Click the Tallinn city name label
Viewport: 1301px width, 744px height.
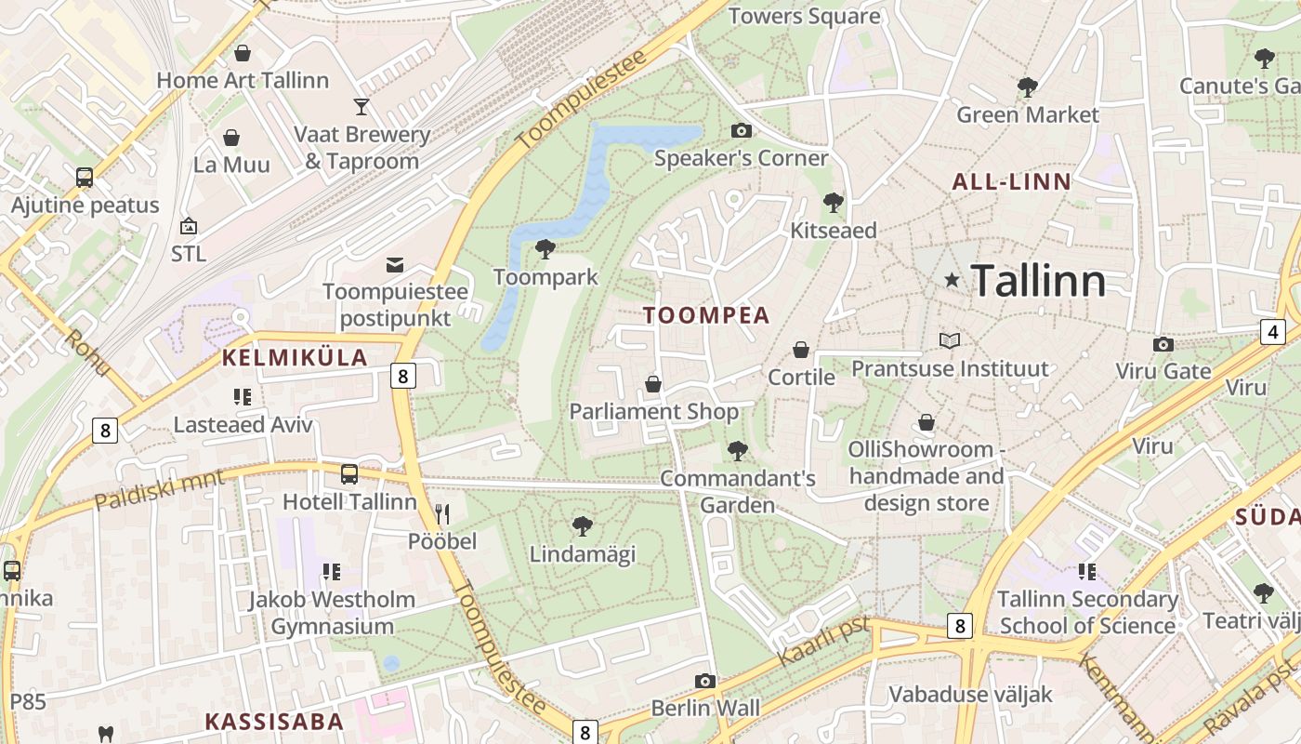[x=1038, y=281]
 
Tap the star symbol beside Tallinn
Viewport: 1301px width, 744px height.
[x=952, y=280]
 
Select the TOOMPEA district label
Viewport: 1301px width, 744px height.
[x=706, y=315]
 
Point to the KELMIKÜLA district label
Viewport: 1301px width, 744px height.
[x=295, y=357]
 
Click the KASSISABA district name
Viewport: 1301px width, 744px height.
[x=274, y=721]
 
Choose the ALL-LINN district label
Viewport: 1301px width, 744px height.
[x=1012, y=182]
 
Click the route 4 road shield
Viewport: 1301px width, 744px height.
[x=1272, y=331]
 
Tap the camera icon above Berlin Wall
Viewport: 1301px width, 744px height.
[x=705, y=682]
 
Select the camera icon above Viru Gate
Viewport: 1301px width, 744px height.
[x=1163, y=345]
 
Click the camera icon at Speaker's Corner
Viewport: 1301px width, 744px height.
[x=741, y=131]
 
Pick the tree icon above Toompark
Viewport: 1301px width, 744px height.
[x=545, y=249]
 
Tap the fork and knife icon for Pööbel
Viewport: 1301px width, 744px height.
[x=442, y=513]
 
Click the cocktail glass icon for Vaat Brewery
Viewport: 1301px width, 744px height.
[x=361, y=107]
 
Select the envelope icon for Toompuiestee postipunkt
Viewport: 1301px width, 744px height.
[x=395, y=265]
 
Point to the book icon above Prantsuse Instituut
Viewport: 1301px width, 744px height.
[x=949, y=341]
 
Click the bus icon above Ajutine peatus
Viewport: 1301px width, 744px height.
[x=85, y=178]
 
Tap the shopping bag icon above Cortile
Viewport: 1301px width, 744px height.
[x=800, y=350]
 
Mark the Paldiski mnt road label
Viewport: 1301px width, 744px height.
[x=160, y=490]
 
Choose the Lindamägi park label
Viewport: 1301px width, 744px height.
[x=582, y=554]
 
